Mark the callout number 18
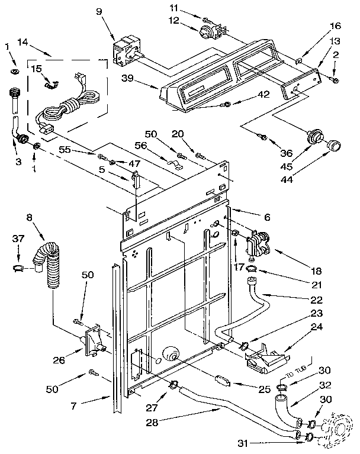coord(317,271)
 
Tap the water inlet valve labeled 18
coord(257,243)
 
